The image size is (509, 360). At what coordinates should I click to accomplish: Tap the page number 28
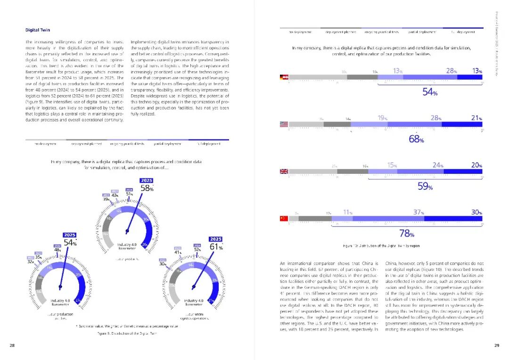click(12, 346)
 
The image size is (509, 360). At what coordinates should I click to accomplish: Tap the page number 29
click(497, 346)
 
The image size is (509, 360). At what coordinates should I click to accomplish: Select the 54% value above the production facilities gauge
click(70, 243)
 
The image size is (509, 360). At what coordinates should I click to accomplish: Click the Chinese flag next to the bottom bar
click(284, 218)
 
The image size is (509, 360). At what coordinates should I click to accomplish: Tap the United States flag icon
click(284, 124)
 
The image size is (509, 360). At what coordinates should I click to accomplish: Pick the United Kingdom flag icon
click(284, 172)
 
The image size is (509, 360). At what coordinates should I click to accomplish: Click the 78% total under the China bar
click(407, 233)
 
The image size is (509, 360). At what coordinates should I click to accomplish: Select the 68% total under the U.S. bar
click(417, 139)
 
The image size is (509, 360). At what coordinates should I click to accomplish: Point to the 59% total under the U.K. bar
click(425, 187)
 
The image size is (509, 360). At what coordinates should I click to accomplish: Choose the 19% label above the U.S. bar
click(383, 118)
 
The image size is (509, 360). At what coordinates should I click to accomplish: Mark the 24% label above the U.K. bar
click(438, 165)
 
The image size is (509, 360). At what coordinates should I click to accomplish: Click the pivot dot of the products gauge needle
click(127, 231)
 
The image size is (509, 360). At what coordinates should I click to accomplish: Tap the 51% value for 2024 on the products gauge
click(129, 194)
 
